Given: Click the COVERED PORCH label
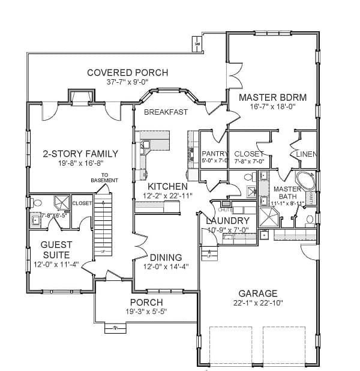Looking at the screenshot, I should pyautogui.click(x=127, y=73).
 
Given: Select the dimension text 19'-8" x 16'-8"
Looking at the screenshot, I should pyautogui.click(x=80, y=163).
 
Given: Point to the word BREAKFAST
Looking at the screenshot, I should pyautogui.click(x=166, y=112).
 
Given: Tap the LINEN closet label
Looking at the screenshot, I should pyautogui.click(x=306, y=154).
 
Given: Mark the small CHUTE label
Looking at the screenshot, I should pyautogui.click(x=224, y=210).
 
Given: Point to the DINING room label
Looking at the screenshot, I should pyautogui.click(x=166, y=257).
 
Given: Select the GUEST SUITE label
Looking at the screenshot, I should pyautogui.click(x=56, y=249).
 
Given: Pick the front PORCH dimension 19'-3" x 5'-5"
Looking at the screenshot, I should pyautogui.click(x=146, y=312).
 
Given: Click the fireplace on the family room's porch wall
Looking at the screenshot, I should pyautogui.click(x=79, y=96).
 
